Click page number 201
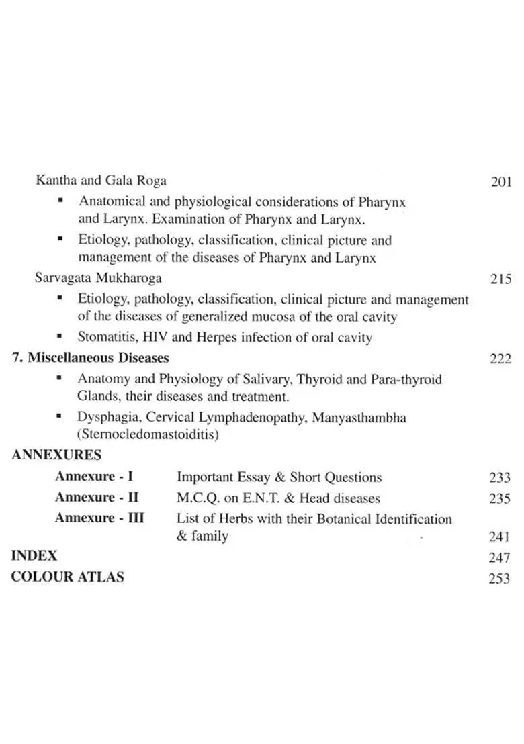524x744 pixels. pos(501,182)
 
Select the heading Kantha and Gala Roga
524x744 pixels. pos(101,181)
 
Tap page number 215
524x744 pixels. pos(501,279)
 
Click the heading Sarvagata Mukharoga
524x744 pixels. pos(98,277)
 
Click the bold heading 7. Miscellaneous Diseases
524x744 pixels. pos(91,358)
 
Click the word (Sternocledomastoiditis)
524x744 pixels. pos(148,435)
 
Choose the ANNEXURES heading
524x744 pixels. pos(56,455)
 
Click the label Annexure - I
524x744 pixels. pos(94,477)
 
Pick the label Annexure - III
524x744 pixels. pos(99,518)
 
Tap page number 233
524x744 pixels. pos(500,478)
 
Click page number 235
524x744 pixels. pos(500,499)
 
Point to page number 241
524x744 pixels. pos(500,537)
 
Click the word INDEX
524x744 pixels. pos(34,556)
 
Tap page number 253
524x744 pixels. pos(500,579)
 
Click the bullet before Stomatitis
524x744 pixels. pos(60,336)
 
